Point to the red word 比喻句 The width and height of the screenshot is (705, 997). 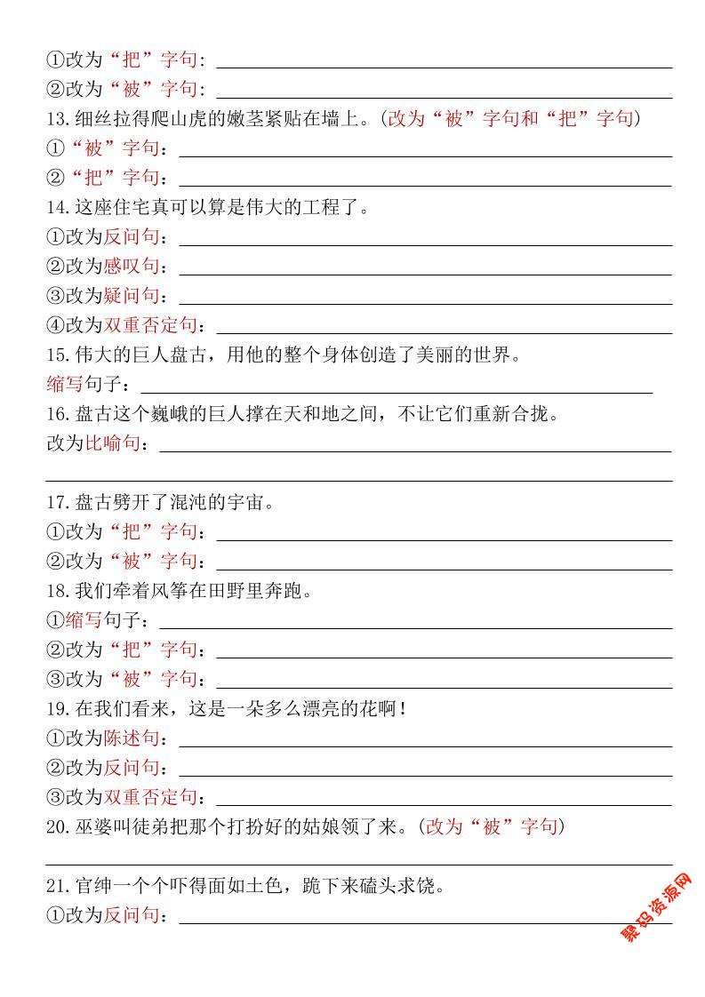[x=113, y=443]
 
